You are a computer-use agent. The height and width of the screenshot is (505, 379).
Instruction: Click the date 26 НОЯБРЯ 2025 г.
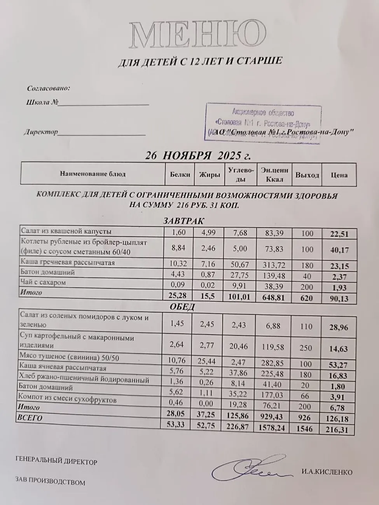click(198, 156)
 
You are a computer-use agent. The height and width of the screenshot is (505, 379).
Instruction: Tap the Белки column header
click(180, 175)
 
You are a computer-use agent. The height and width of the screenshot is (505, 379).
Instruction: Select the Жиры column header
click(210, 175)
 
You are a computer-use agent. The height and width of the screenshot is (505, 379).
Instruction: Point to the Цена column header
click(339, 175)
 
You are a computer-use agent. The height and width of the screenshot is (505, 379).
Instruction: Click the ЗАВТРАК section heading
click(184, 221)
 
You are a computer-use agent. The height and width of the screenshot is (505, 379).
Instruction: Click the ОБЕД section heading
click(182, 307)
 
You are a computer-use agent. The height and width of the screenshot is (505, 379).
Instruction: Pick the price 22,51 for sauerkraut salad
click(339, 234)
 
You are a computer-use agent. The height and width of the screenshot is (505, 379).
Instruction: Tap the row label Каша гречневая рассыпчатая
click(68, 263)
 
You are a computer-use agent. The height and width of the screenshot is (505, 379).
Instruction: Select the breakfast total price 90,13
click(339, 298)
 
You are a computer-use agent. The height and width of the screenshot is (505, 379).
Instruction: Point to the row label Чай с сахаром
click(43, 282)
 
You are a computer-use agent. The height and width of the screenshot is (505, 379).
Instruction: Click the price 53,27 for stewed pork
click(339, 365)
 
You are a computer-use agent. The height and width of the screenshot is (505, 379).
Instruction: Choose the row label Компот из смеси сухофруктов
click(68, 399)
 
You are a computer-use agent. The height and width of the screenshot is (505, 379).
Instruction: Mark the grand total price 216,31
click(339, 430)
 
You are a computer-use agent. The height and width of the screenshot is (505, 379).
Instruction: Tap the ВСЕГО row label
click(30, 418)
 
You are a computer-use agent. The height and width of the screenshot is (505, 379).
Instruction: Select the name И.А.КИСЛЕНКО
click(327, 472)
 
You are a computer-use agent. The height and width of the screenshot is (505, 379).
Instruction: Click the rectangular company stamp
click(263, 124)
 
